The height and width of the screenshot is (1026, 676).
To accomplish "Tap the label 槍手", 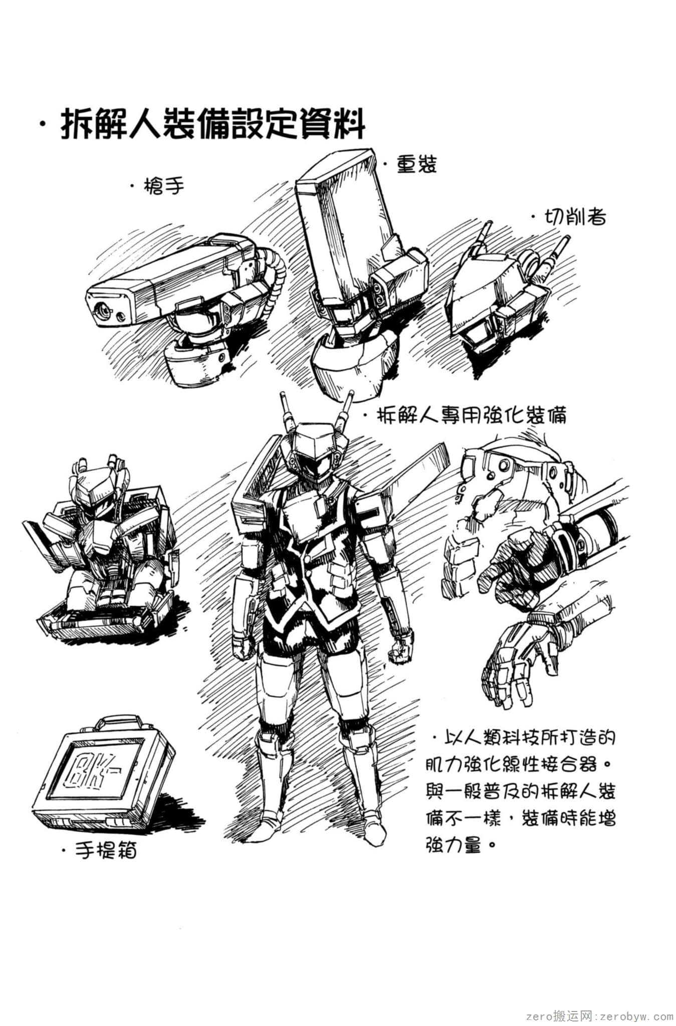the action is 163,187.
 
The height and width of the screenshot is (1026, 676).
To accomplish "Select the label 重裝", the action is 416,164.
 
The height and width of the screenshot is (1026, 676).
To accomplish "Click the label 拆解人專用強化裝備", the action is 472,415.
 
